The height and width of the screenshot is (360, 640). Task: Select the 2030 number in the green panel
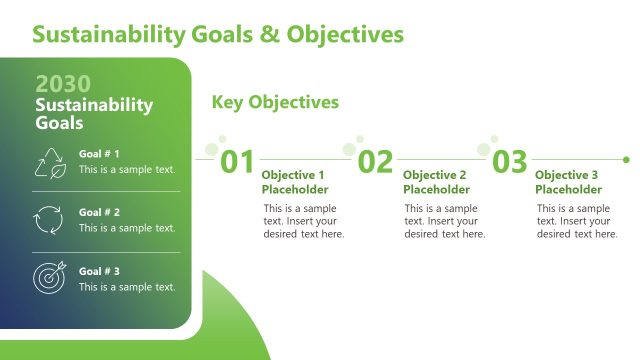63,84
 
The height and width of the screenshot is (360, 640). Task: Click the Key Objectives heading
275,102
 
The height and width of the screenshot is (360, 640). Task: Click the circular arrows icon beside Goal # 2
49,220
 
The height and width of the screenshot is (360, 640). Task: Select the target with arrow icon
49,278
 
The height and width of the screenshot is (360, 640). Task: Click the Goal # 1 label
99,154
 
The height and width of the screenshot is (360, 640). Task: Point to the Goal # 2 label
99,212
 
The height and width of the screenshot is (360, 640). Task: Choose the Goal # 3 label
99,270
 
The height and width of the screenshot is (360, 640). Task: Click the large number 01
238,162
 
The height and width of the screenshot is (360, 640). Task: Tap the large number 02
375,162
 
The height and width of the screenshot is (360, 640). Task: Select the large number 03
509,162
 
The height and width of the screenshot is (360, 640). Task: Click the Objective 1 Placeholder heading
294,182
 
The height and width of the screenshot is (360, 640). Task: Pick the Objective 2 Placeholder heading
435,182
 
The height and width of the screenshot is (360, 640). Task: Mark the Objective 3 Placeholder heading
568,182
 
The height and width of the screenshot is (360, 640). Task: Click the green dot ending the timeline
626,159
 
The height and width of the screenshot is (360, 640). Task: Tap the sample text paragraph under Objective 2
444,221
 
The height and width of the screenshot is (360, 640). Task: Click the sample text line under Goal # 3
127,287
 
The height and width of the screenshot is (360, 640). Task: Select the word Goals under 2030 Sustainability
59,123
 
